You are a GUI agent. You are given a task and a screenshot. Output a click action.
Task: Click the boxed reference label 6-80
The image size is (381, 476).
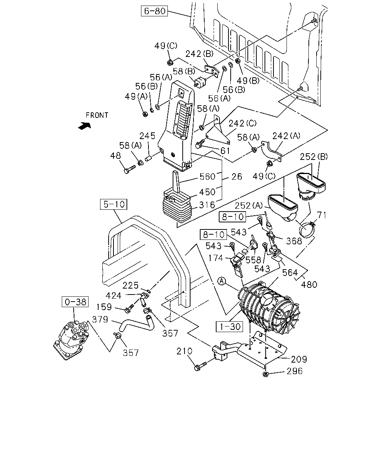(154, 11)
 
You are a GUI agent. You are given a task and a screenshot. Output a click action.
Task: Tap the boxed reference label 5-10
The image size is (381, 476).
(113, 204)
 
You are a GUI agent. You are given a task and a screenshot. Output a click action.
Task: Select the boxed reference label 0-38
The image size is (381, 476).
(75, 302)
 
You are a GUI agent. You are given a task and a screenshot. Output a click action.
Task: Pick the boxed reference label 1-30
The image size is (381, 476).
(229, 327)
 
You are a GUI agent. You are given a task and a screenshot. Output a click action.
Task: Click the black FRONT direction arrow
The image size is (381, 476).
(85, 126)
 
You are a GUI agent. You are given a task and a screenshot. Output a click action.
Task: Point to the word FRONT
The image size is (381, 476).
(97, 115)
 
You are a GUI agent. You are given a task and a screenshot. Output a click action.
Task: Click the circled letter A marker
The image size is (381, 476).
(222, 281)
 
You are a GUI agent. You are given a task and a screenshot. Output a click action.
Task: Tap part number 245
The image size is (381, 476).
(147, 136)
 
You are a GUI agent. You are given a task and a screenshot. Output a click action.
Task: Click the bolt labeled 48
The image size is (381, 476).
(130, 170)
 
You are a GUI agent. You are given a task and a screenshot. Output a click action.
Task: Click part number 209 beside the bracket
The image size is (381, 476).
(299, 359)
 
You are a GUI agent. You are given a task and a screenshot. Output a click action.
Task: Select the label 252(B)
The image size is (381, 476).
(314, 157)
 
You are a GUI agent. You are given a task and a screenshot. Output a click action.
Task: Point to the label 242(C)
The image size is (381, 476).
(243, 123)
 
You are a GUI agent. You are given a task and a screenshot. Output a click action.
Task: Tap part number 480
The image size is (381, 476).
(309, 284)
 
